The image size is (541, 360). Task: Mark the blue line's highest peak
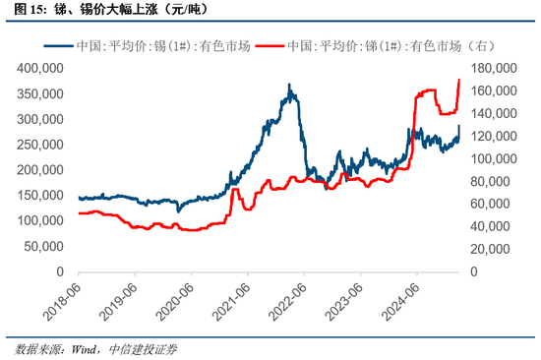(x=288, y=86)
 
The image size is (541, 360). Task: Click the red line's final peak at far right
(x=459, y=80)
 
